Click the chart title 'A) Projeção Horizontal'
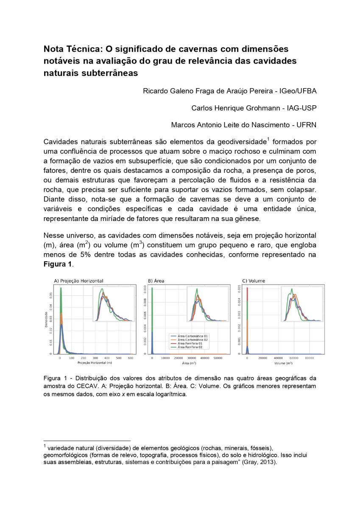pos(78,281)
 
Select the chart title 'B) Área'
pos(156,281)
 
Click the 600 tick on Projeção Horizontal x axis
pos(130,358)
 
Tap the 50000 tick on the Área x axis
pos(218,358)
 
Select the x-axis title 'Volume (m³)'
pos(283,364)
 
